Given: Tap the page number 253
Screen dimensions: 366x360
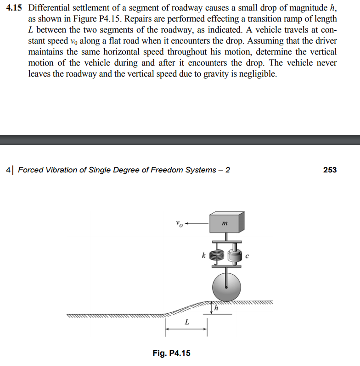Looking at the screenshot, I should (x=330, y=170).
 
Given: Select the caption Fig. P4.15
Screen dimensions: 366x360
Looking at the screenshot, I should (x=171, y=353).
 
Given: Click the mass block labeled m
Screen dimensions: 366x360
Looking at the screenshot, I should (x=226, y=223).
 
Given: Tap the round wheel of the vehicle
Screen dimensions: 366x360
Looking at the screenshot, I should (x=226, y=286).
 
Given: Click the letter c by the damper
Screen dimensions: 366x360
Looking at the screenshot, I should (x=247, y=255).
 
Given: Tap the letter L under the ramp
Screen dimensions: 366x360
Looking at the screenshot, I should (x=186, y=322).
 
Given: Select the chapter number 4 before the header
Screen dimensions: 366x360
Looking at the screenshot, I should (x=9, y=170).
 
